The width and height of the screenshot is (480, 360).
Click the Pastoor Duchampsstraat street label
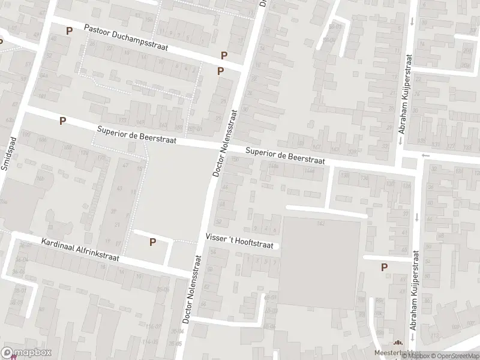point(127,38)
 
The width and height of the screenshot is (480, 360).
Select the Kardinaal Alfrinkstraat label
point(80,251)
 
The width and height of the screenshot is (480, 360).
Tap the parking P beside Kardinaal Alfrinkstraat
point(152,242)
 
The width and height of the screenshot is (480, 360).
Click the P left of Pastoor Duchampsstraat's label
point(70,31)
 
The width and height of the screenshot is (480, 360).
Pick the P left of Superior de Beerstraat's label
point(62,121)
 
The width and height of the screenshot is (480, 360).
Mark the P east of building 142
point(384,267)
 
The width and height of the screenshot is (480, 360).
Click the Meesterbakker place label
point(391,353)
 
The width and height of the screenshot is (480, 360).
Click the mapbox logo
point(26,353)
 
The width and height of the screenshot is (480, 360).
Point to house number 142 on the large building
point(320,223)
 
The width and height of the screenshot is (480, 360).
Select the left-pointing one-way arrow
point(426,156)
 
